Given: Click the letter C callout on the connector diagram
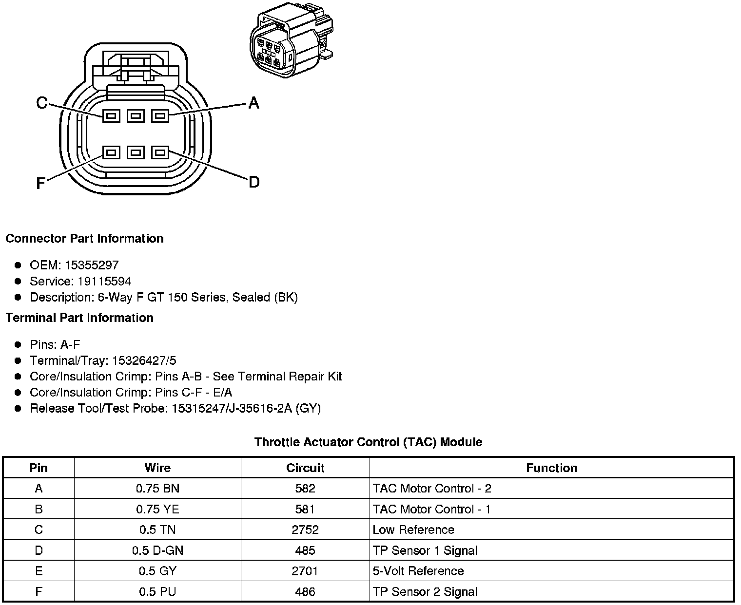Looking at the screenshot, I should coord(42,103).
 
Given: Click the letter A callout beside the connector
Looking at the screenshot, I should coord(253,103).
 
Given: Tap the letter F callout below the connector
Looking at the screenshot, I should coord(41,183).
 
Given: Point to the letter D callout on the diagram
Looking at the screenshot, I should coord(253,182).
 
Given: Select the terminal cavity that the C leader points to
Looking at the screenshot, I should coord(111,116).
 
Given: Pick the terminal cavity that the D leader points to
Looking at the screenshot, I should coord(160,152).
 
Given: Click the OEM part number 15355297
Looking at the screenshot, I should coord(91,265).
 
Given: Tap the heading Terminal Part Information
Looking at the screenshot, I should coord(79,318).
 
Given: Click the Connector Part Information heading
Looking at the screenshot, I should coord(84,238).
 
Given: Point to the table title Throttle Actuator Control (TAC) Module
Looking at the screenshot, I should coord(368,442).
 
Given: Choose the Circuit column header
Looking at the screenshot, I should coord(305,468).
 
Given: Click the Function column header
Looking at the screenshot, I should coord(551,468).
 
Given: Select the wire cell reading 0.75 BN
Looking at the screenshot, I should coord(157,488).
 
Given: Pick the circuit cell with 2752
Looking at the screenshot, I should coord(305,529).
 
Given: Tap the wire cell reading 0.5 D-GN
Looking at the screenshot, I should coord(157,550).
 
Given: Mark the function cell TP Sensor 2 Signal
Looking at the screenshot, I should coord(425,591).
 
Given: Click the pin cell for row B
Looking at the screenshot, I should coord(39,509).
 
